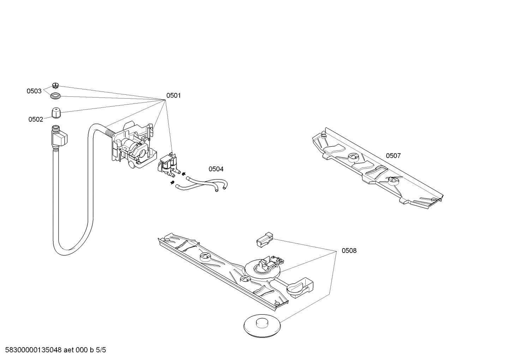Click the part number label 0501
point(173,95)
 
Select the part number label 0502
point(36,119)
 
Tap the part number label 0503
point(34,91)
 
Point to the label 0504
point(216,169)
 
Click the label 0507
point(393,156)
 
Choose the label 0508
point(349,251)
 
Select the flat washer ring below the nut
point(55,95)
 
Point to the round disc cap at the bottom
point(262,324)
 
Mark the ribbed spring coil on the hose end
point(110,133)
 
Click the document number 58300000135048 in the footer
point(31,350)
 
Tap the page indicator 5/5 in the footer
point(101,350)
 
